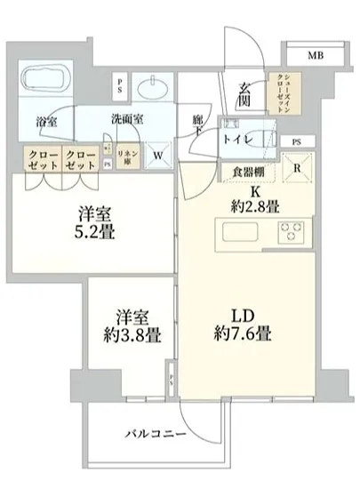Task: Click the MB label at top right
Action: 315,56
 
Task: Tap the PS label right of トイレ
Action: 295,141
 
